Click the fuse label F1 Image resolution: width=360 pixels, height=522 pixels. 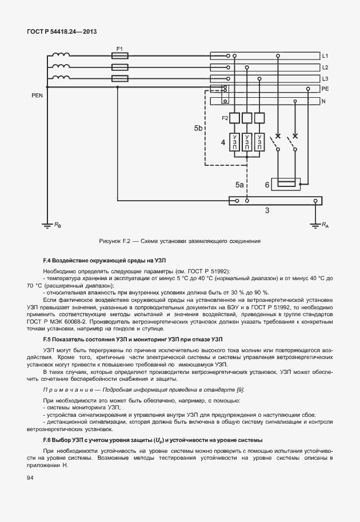pyautogui.click(x=119, y=49)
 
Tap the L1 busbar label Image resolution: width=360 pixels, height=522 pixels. pyautogui.click(x=325, y=56)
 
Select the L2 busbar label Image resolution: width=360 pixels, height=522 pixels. pyautogui.click(x=325, y=67)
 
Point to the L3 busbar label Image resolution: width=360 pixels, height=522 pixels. pyautogui.click(x=325, y=78)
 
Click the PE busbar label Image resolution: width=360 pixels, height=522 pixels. pyautogui.click(x=325, y=89)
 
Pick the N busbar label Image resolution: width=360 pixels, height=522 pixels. pyautogui.click(x=323, y=101)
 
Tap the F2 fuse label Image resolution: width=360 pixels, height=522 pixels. pyautogui.click(x=225, y=118)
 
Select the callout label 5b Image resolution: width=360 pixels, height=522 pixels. pyautogui.click(x=198, y=129)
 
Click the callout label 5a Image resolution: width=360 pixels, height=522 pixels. pyautogui.click(x=239, y=186)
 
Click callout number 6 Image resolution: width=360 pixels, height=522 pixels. pyautogui.click(x=267, y=185)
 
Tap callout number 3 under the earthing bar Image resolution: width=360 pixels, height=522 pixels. pyautogui.click(x=266, y=211)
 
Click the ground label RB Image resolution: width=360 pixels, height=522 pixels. pyautogui.click(x=58, y=225)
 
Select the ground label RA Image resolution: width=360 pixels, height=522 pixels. pyautogui.click(x=325, y=225)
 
